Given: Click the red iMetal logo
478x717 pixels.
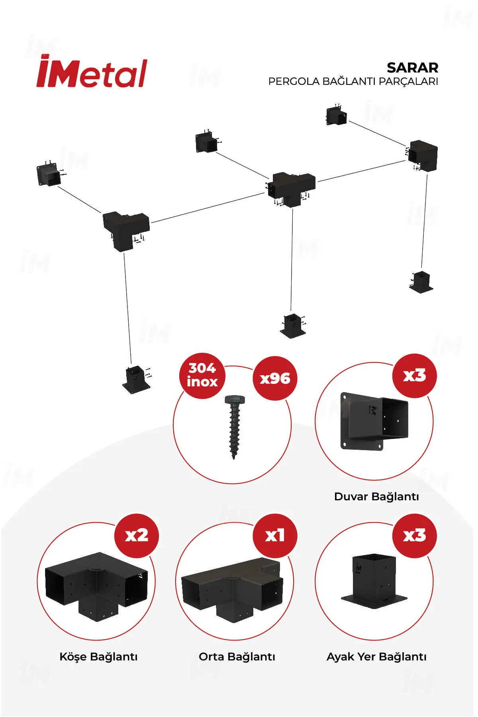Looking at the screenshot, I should [92, 72].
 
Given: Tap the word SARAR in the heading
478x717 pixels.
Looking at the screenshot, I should [412, 68].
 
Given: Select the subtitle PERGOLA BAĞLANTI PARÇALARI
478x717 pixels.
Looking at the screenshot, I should [353, 81].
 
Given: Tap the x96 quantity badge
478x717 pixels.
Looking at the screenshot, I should [275, 378].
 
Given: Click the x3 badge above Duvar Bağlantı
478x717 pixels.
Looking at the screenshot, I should [414, 376].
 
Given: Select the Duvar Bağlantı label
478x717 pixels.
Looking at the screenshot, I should [376, 496].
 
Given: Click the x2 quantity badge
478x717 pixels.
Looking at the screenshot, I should [137, 535].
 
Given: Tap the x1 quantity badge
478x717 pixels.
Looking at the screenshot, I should [275, 535].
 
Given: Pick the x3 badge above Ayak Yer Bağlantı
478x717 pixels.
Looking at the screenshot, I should [414, 535].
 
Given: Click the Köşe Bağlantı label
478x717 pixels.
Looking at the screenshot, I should [98, 656].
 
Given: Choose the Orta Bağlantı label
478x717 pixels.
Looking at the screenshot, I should [237, 656].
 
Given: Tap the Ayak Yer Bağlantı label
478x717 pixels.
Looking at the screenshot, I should [376, 656].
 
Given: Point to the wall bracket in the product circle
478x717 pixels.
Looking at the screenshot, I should [374, 422].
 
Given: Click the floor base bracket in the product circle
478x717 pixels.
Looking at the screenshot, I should [374, 582].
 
